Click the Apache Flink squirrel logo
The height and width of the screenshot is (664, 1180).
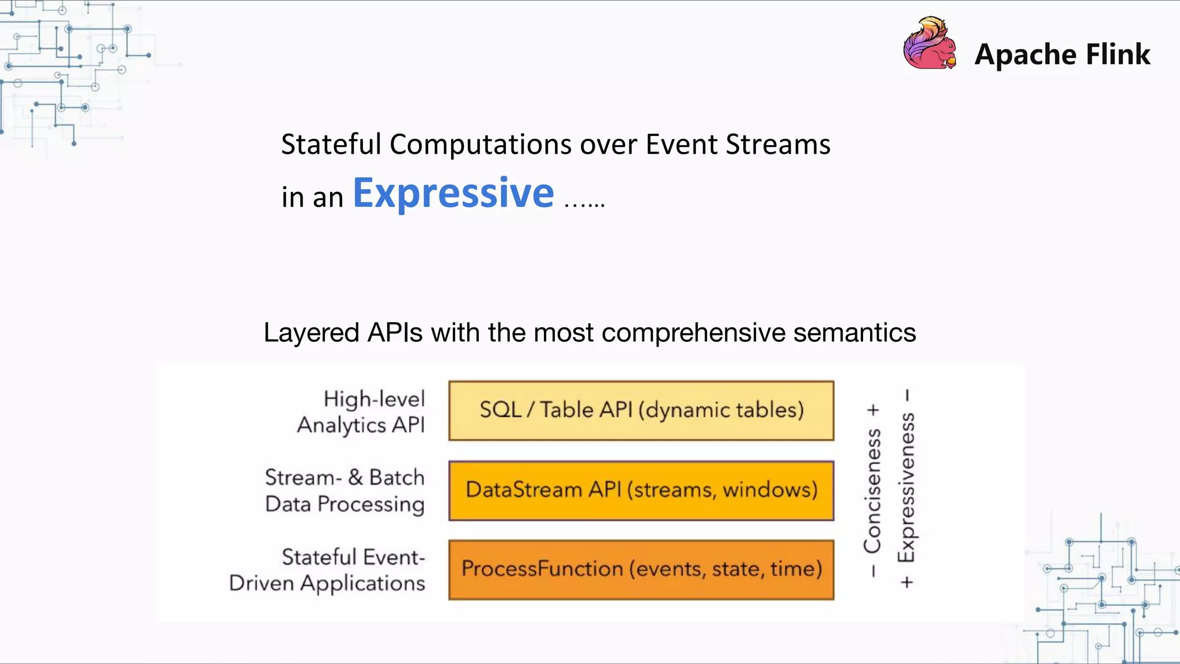pos(929,44)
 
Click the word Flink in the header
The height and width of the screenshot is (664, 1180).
pos(1118,54)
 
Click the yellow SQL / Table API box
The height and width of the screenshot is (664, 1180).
pos(641,410)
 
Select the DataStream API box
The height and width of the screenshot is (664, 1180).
pos(641,491)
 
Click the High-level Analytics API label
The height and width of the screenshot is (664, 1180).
pos(362,412)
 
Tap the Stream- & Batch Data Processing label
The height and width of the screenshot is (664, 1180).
pos(345,491)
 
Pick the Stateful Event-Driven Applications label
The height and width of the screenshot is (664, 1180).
pos(328,570)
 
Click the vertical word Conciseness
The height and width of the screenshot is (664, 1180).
pos(872,490)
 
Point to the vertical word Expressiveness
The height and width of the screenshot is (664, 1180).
pos(906,488)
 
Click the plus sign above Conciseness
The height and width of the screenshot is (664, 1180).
pos(873,410)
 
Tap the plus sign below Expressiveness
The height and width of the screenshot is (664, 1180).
pos(907,582)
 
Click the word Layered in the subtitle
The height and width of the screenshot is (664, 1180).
pos(311,333)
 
